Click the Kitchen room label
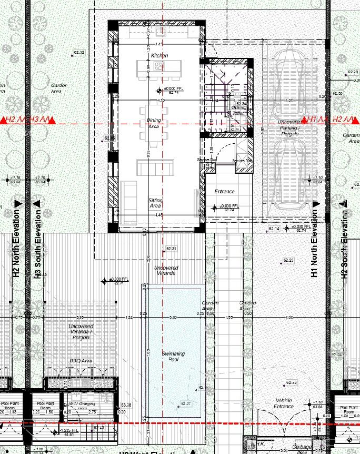pos(159,55)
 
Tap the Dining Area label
pos(154,123)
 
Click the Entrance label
pos(224,192)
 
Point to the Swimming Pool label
pos(173,356)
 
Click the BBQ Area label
pos(81,361)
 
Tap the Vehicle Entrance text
pos(284,403)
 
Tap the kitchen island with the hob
pos(151,67)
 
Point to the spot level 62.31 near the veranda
pos(171,248)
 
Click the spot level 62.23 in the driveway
pos(288,261)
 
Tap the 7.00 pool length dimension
pos(148,352)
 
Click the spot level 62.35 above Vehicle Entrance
pos(291,382)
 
